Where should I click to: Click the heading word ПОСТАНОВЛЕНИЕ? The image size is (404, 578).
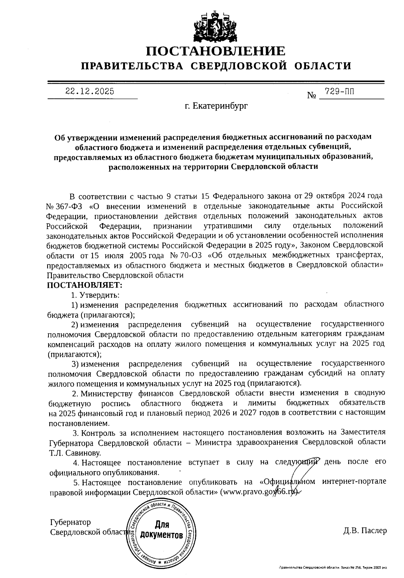(x=215, y=51)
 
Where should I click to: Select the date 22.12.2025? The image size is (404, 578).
(x=90, y=91)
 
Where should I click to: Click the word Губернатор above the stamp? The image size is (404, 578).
(x=70, y=522)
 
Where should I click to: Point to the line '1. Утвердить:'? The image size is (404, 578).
(x=95, y=295)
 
